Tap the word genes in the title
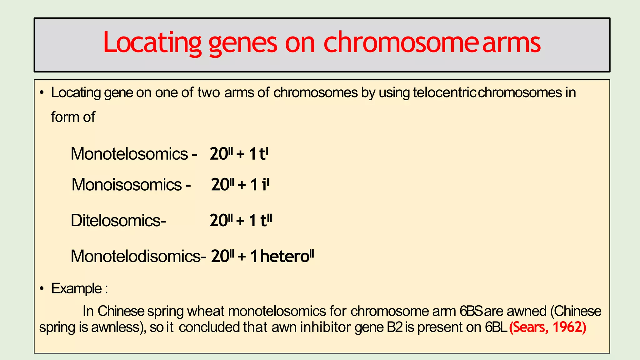coord(242,43)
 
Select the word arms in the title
coord(511,43)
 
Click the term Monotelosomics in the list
coord(129,154)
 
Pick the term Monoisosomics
coord(127,184)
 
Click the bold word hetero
coord(284,256)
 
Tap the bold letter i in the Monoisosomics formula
coord(264,184)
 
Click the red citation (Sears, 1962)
coord(547,327)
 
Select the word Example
coord(77,288)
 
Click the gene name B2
coord(395,327)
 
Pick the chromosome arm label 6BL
coord(496,327)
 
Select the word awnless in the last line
coord(115,327)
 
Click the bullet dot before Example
coord(42,288)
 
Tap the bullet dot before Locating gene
coord(42,93)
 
